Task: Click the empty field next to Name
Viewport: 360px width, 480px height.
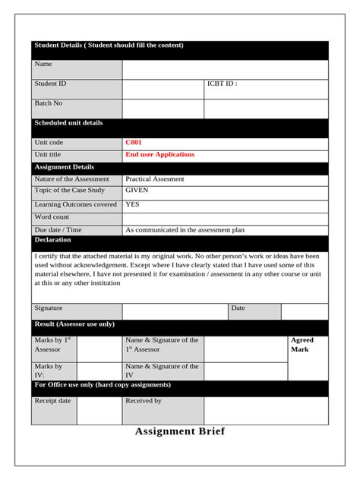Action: coord(225,69)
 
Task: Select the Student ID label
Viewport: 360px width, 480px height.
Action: coord(50,84)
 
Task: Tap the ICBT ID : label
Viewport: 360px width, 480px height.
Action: coord(222,84)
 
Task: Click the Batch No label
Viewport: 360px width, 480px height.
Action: coord(49,103)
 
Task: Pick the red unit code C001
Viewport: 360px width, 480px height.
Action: coord(134,142)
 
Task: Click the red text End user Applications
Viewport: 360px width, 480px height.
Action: coord(159,154)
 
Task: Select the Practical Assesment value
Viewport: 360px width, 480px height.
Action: coord(154,179)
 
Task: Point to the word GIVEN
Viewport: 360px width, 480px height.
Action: coord(137,191)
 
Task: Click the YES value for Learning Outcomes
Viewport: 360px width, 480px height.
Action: coord(132,204)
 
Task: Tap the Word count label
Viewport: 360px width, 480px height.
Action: coord(52,217)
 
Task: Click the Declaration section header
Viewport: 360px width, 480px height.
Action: coord(53,240)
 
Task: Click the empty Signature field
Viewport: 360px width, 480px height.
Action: coord(175,311)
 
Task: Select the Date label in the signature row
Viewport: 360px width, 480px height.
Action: coord(238,308)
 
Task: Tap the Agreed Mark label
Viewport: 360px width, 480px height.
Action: coord(302,345)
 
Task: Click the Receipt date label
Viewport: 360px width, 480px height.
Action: coord(53,400)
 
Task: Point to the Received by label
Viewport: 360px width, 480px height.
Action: coord(144,400)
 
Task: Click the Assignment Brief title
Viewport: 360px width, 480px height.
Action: coord(179,431)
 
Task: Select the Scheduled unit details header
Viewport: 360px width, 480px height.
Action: coord(68,123)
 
